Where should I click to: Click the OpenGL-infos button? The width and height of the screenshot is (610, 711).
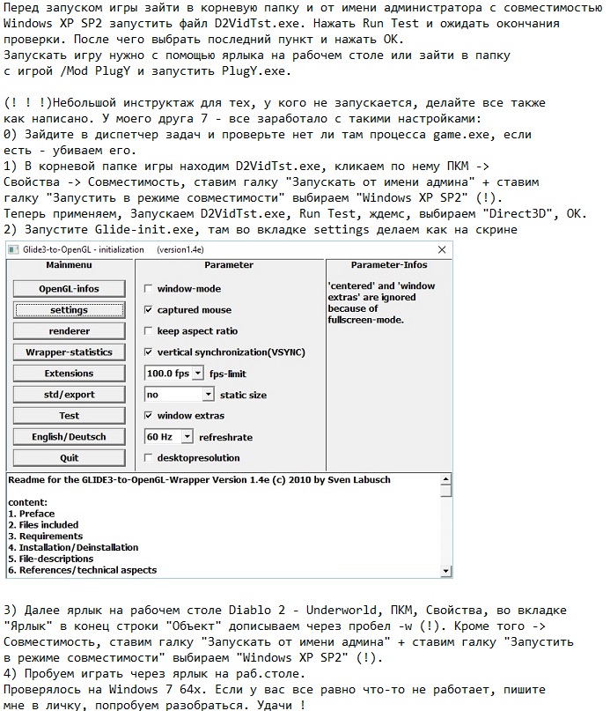tap(69, 289)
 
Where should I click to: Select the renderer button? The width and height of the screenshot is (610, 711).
tap(69, 331)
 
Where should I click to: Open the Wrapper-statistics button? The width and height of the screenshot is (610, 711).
tap(69, 352)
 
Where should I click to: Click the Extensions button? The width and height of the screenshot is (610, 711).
tap(69, 374)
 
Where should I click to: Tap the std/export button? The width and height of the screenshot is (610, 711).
tap(69, 395)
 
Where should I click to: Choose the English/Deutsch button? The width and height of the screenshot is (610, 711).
tap(69, 437)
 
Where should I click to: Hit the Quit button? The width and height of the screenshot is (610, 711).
tap(69, 458)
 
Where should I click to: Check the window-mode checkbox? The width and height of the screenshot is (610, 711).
tap(149, 289)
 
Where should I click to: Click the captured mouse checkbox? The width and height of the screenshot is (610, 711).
tap(149, 310)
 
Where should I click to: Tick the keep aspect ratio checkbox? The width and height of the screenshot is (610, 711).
tap(149, 331)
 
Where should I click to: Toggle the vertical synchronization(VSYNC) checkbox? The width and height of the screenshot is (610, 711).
tap(149, 352)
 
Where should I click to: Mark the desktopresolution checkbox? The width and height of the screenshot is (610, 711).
tap(149, 458)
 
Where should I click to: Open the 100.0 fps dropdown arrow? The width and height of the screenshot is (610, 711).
tap(197, 374)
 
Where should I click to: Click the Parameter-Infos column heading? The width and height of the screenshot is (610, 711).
tap(388, 264)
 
